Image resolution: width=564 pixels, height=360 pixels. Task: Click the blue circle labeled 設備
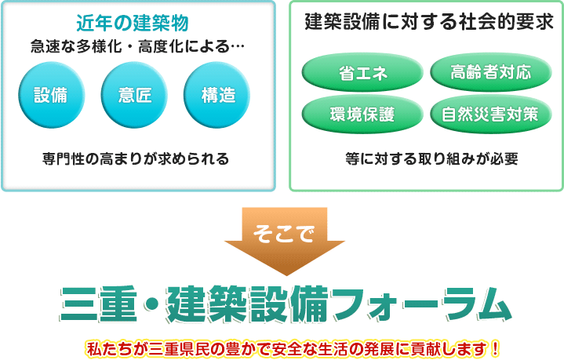tap(52, 95)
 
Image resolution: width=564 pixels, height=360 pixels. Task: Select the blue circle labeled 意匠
tap(134, 95)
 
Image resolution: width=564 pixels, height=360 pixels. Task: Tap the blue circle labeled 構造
tap(217, 95)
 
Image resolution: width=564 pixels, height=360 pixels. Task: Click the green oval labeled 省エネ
tap(362, 72)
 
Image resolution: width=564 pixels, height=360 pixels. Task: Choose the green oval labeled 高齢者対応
tap(491, 72)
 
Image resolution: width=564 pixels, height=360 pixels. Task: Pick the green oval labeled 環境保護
tap(362, 114)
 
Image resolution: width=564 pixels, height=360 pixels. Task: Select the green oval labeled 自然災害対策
tap(491, 114)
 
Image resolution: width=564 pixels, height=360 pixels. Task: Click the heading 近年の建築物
tap(133, 23)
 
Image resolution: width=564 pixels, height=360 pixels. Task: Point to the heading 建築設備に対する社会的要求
tap(429, 22)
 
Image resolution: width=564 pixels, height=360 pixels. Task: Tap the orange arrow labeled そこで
tap(285, 242)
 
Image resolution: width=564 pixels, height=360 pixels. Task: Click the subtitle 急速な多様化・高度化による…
tap(137, 46)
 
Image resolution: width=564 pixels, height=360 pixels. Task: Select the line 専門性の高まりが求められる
tap(136, 158)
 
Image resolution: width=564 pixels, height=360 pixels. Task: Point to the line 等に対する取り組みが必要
tap(431, 158)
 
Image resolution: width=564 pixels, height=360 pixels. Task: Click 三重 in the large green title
tap(100, 304)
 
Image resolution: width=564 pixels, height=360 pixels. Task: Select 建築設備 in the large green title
tap(248, 304)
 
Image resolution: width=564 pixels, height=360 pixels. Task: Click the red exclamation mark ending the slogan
tap(495, 348)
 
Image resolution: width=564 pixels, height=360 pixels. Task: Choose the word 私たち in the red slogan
tap(109, 349)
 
